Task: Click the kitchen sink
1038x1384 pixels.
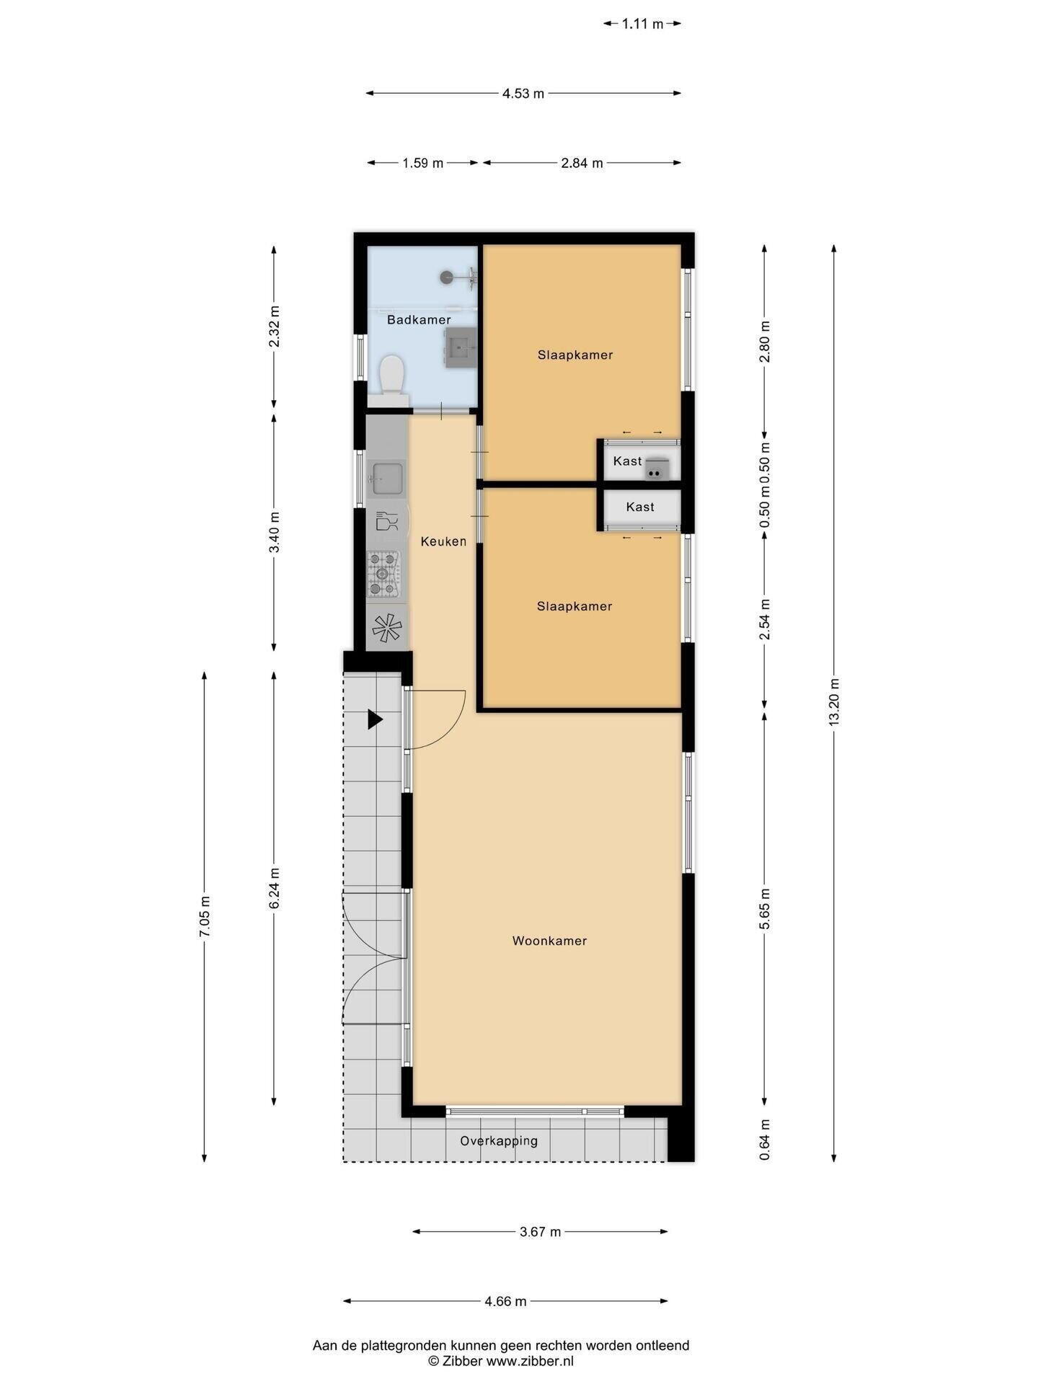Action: point(387,478)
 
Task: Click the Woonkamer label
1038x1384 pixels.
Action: point(549,941)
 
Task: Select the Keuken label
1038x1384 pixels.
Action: point(443,541)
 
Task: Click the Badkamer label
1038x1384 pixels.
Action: point(419,319)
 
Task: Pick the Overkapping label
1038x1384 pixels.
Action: point(499,1141)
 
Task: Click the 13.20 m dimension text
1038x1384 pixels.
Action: point(834,701)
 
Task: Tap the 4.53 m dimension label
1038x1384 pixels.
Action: point(523,93)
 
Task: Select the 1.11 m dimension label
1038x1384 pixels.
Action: point(642,24)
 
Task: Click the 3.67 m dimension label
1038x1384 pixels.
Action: point(540,1232)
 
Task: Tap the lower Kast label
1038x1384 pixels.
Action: point(640,507)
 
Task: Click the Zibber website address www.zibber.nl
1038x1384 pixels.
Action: point(530,1361)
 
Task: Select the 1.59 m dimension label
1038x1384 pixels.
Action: point(423,163)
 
